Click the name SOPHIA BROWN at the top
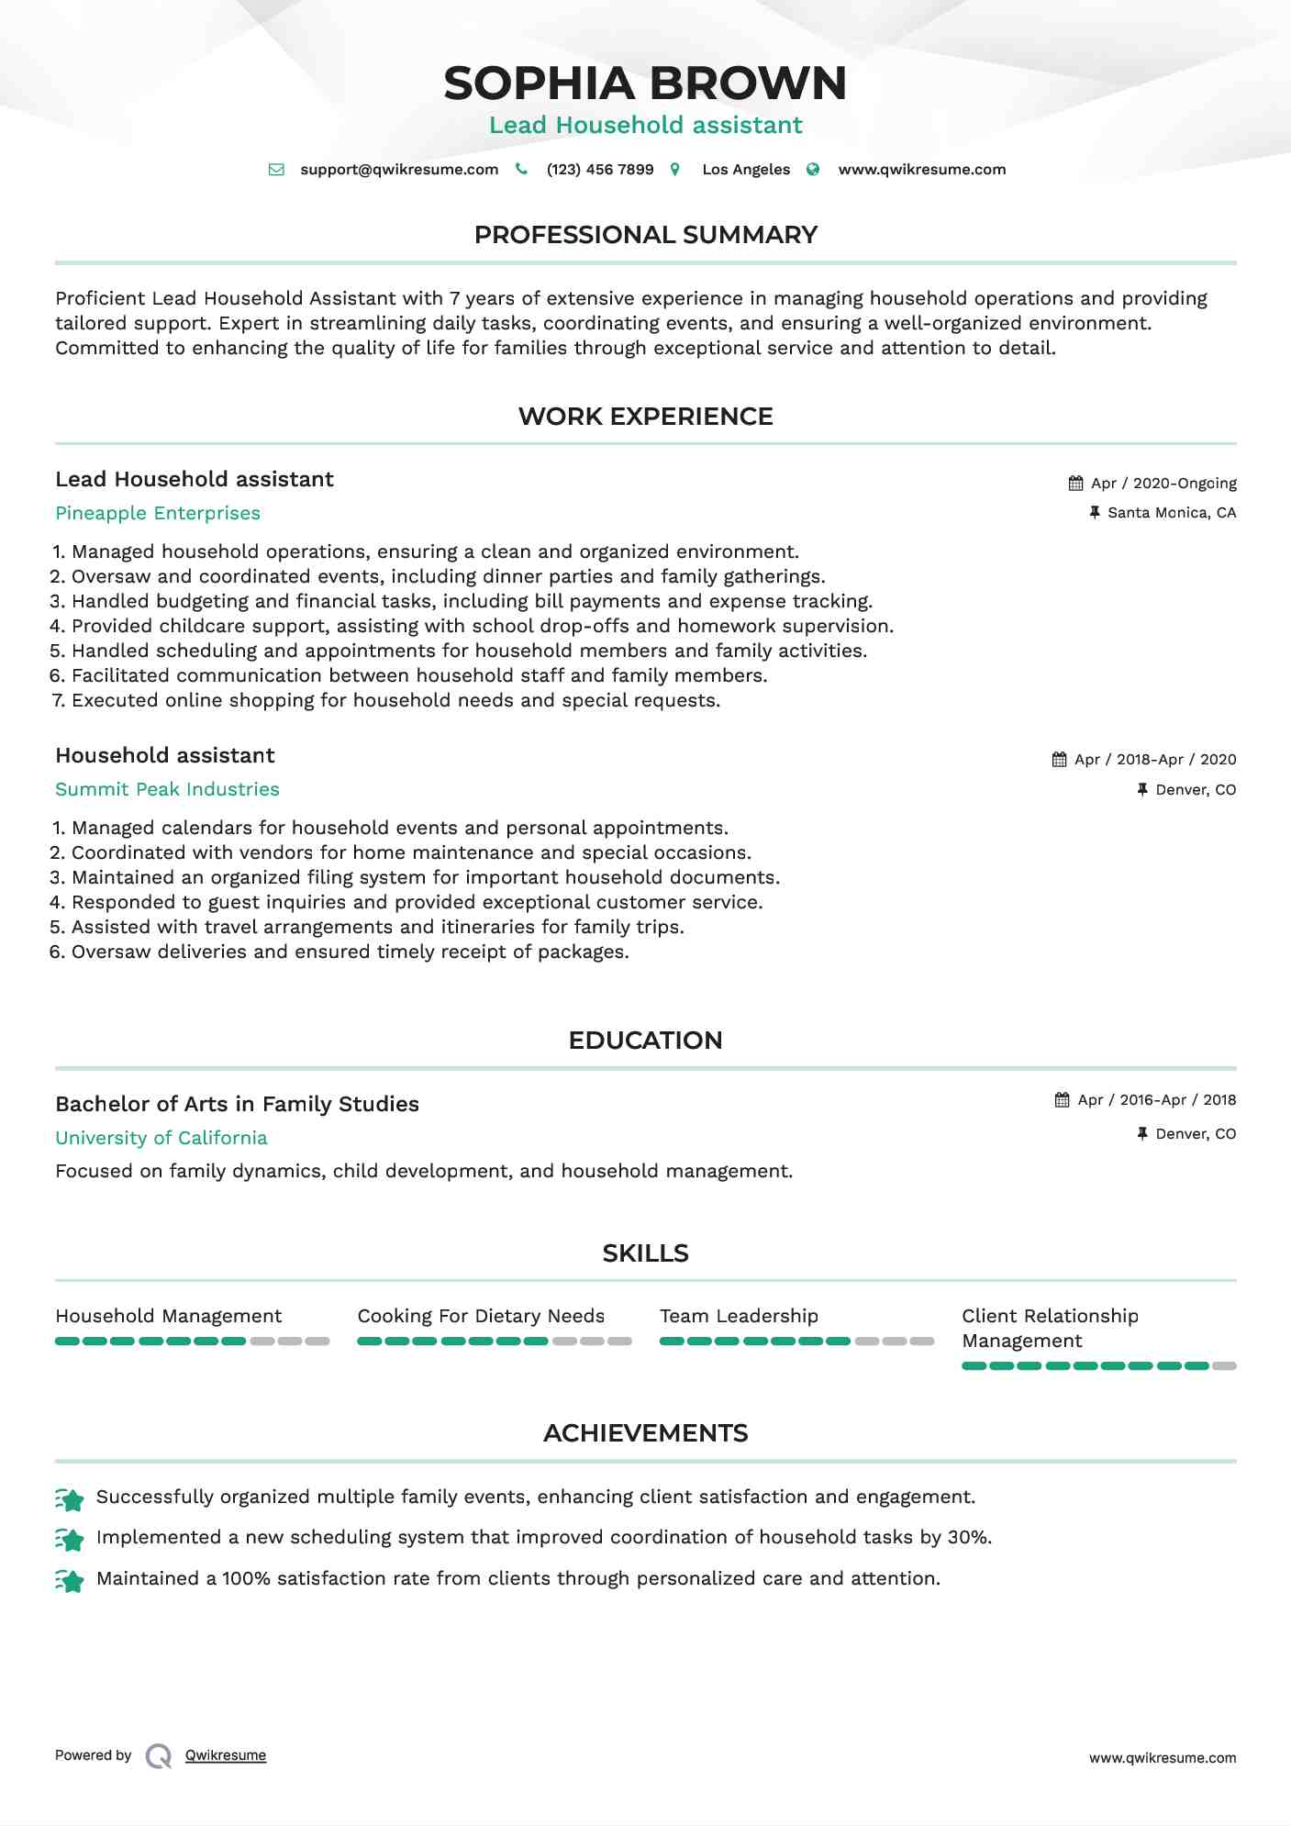[x=645, y=84]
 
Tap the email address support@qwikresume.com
[x=399, y=170]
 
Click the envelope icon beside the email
[x=276, y=170]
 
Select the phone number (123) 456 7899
[x=600, y=170]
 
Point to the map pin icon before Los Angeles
[x=675, y=170]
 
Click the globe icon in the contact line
[x=813, y=170]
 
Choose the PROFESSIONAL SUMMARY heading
[x=645, y=235]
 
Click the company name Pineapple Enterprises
[x=158, y=513]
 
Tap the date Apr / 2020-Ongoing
[x=1163, y=484]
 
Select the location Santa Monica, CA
[x=1172, y=513]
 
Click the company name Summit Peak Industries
[x=167, y=789]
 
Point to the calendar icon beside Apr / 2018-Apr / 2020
[x=1060, y=760]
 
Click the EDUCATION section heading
[x=645, y=1041]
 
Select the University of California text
[x=161, y=1138]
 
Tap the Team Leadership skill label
[x=739, y=1316]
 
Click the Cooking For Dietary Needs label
[x=481, y=1316]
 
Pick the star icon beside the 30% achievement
[x=70, y=1539]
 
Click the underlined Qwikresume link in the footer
[x=226, y=1755]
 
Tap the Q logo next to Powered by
[x=159, y=1756]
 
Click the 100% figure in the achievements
[x=246, y=1578]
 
